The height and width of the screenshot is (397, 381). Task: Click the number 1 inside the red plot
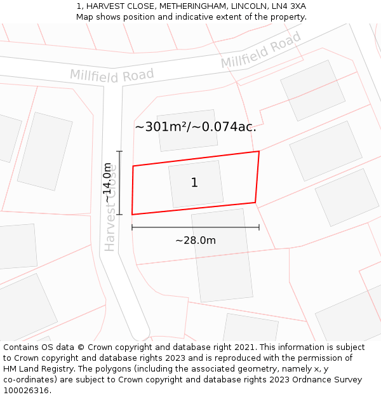tap(194, 183)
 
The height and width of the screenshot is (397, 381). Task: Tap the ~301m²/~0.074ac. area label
tap(196, 126)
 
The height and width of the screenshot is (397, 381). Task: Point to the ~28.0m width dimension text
tap(196, 240)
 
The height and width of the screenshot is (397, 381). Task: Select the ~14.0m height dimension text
tap(108, 183)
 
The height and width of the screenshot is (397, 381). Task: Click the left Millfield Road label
tap(112, 75)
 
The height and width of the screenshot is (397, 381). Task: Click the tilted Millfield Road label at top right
tap(261, 50)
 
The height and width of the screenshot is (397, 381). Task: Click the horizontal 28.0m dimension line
tap(196, 227)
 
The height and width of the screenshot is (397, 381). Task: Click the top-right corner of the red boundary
tap(259, 151)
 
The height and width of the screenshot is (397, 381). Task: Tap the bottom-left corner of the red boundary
tap(132, 215)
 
